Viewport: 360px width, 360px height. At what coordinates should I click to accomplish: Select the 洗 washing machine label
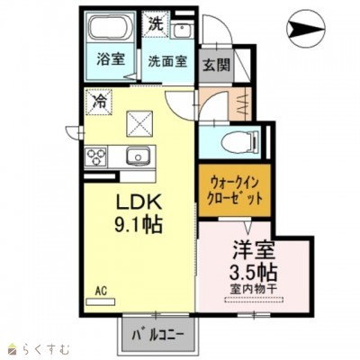click(155, 25)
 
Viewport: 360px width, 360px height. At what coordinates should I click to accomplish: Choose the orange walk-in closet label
click(232, 190)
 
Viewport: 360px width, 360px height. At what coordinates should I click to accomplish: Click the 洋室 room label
click(254, 247)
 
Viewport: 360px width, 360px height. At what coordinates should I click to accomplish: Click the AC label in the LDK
click(102, 291)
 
